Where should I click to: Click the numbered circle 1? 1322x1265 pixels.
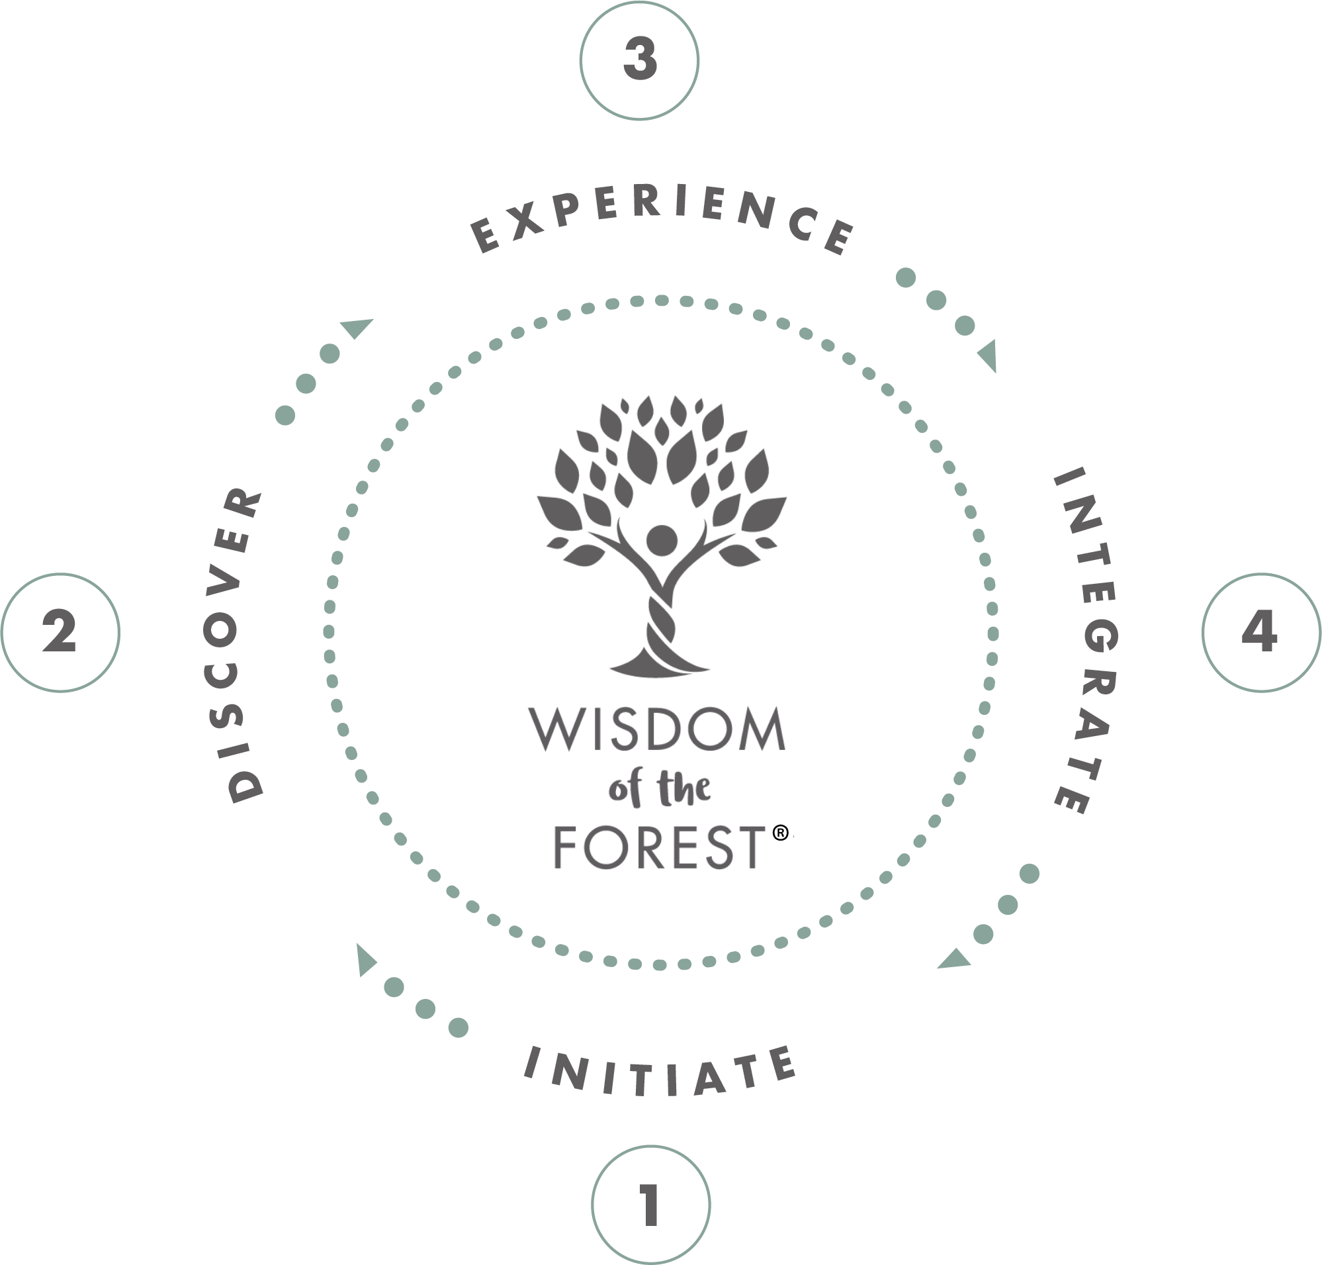pyautogui.click(x=650, y=1204)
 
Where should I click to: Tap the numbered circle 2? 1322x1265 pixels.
pyautogui.click(x=60, y=633)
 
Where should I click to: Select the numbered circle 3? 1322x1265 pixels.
pyautogui.click(x=639, y=61)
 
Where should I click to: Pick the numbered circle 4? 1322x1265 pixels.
pyautogui.click(x=1260, y=633)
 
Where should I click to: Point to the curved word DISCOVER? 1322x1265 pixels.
pyautogui.click(x=233, y=644)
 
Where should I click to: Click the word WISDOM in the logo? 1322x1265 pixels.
pyautogui.click(x=657, y=729)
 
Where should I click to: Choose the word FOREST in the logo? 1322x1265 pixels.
pyautogui.click(x=659, y=847)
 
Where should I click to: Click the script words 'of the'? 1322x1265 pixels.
pyautogui.click(x=659, y=788)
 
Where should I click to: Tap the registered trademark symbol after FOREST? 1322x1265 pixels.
pyautogui.click(x=780, y=833)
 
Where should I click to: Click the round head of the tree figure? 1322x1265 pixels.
pyautogui.click(x=662, y=540)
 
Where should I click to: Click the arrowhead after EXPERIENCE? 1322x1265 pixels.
pyautogui.click(x=989, y=356)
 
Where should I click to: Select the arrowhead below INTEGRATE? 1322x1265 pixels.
pyautogui.click(x=955, y=960)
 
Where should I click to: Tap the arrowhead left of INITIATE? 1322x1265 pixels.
pyautogui.click(x=365, y=959)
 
